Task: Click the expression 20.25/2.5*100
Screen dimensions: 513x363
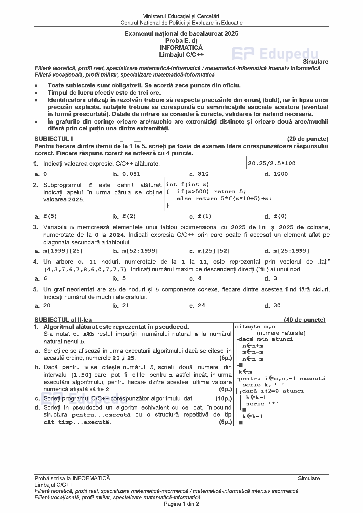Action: coord(272,163)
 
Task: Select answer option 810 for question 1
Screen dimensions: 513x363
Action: coord(203,174)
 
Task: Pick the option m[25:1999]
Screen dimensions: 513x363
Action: coord(291,251)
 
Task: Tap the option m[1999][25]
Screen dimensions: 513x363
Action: coord(63,251)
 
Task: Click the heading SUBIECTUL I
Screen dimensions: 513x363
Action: coord(54,139)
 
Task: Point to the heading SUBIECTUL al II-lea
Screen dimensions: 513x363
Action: coord(63,320)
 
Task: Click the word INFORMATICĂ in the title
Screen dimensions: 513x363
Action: coord(181,48)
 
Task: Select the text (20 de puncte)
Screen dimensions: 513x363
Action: coord(307,139)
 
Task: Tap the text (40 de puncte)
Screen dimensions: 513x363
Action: coord(304,320)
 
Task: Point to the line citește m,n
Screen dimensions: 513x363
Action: coord(255,327)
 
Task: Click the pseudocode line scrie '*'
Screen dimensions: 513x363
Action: coord(262,404)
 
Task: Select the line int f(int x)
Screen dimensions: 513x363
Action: coord(187,184)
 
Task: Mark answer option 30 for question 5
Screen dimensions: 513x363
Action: coord(277,305)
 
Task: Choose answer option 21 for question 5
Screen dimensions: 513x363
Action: coord(125,305)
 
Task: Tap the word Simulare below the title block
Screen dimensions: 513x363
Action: coord(315,62)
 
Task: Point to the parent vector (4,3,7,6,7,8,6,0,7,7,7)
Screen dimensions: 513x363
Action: coord(85,269)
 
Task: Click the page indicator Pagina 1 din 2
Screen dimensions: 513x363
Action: coord(181,504)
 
